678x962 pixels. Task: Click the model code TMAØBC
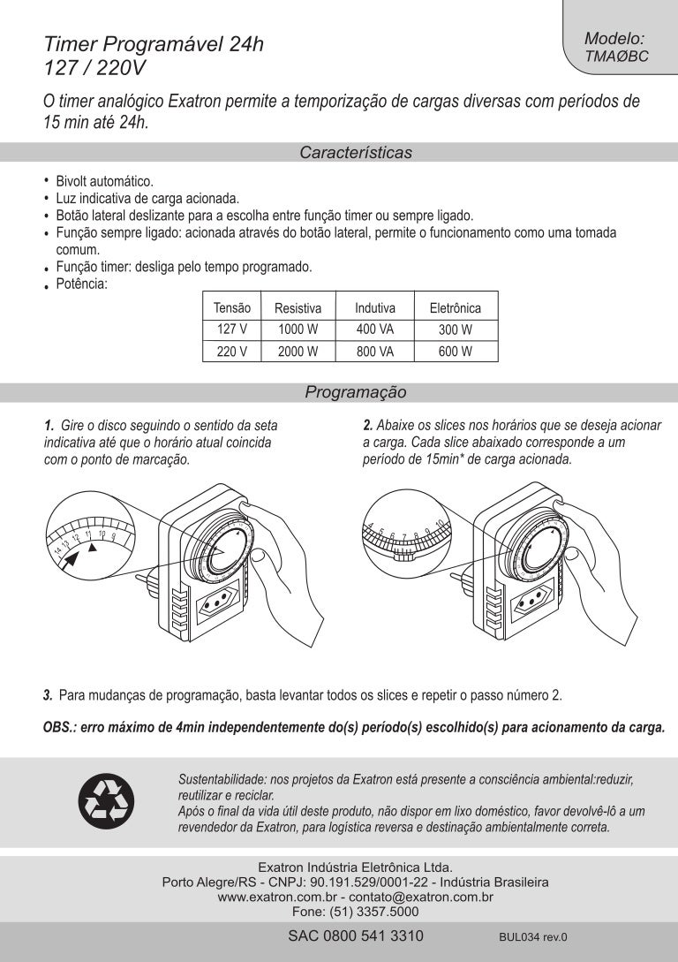pos(616,56)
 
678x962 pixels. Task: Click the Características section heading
pos(356,153)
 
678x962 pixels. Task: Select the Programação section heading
pos(356,391)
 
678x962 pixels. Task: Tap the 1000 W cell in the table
pos(298,330)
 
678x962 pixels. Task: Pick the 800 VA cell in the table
pos(374,352)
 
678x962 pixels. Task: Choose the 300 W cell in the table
pos(455,330)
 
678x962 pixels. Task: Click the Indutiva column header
pos(374,308)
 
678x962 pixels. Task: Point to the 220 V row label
pos(232,352)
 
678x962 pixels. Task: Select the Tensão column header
pos(232,308)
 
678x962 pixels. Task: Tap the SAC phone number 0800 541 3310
pos(356,936)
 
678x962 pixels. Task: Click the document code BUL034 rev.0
pos(531,937)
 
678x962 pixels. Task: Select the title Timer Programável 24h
pos(154,44)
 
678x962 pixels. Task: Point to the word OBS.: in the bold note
pos(60,729)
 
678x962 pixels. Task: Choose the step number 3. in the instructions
pos(48,695)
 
